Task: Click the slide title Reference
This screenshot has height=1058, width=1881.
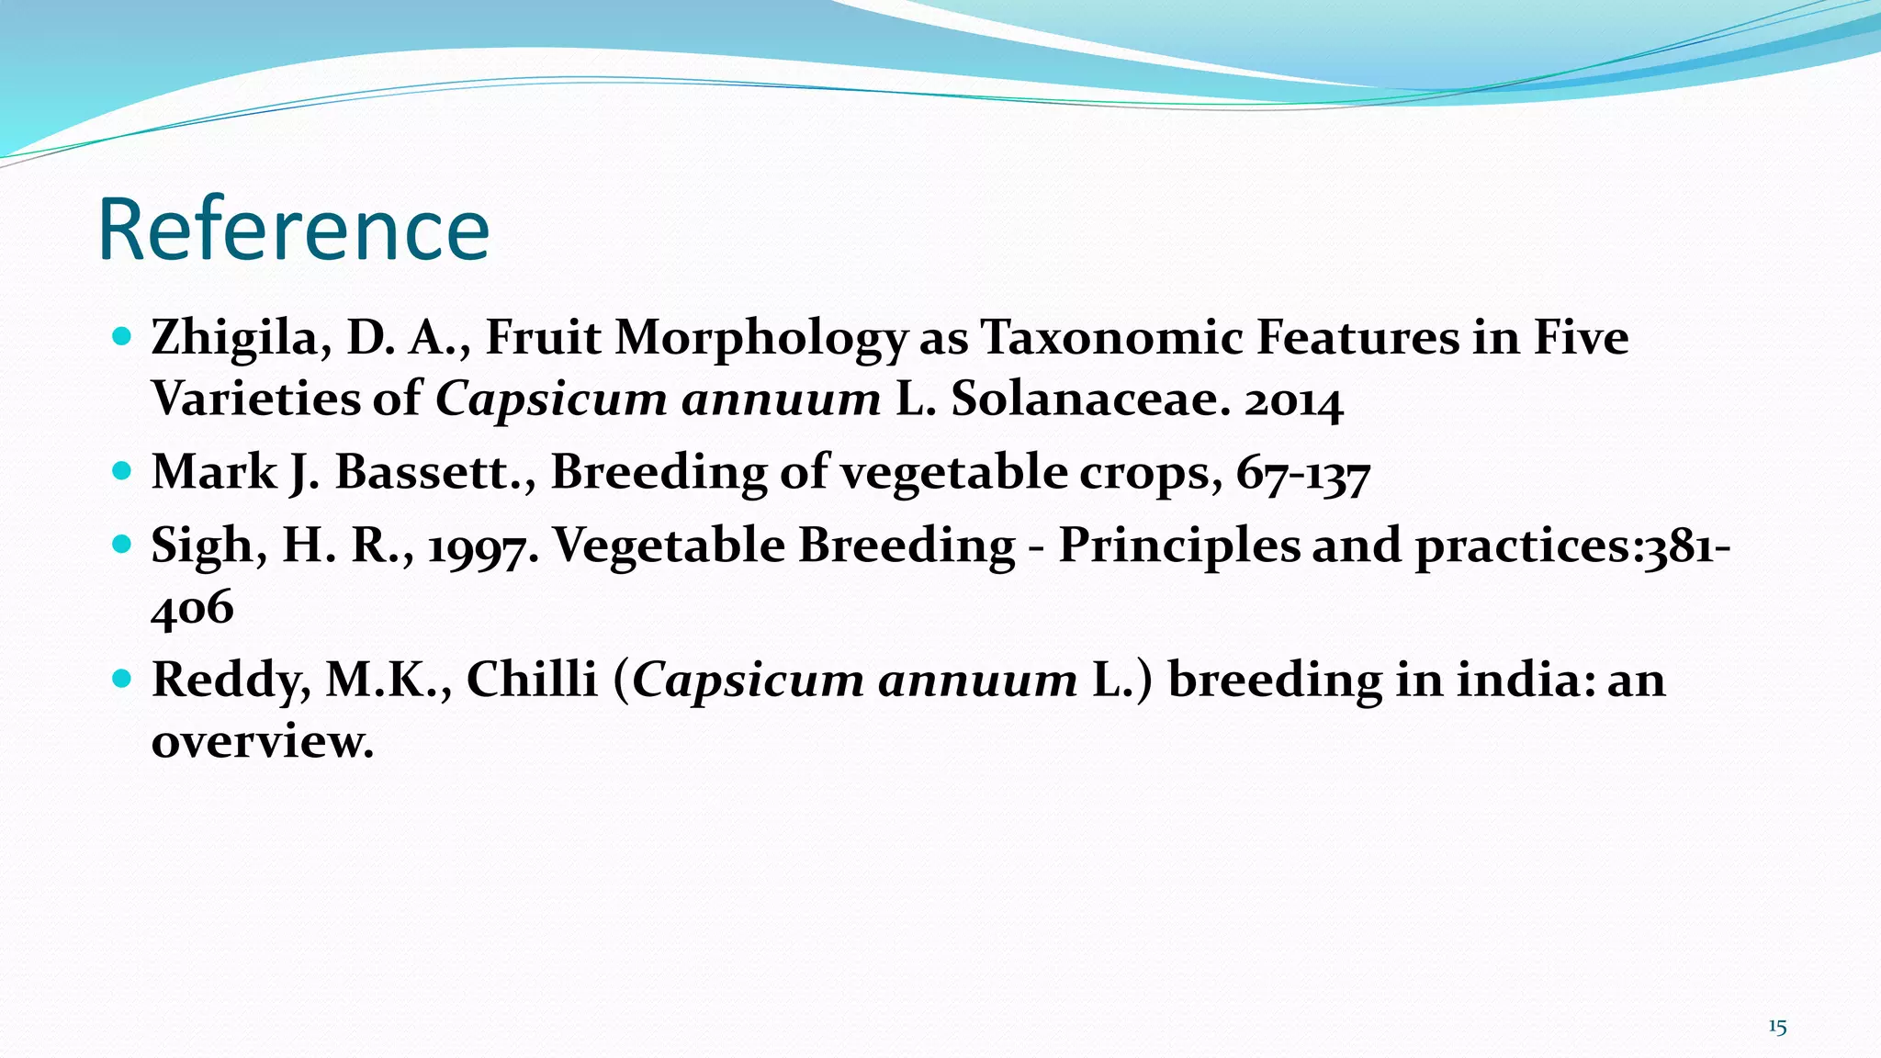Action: pos(294,230)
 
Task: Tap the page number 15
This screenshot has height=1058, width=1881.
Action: pos(1777,1027)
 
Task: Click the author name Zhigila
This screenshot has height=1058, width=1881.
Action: pos(233,337)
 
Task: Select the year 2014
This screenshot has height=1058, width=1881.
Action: pos(1293,400)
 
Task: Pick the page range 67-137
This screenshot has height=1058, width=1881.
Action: pos(1302,473)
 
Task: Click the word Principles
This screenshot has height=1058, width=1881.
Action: pos(1179,546)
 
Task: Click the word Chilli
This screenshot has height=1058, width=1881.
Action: pos(532,680)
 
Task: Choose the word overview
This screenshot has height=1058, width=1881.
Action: pos(262,741)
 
